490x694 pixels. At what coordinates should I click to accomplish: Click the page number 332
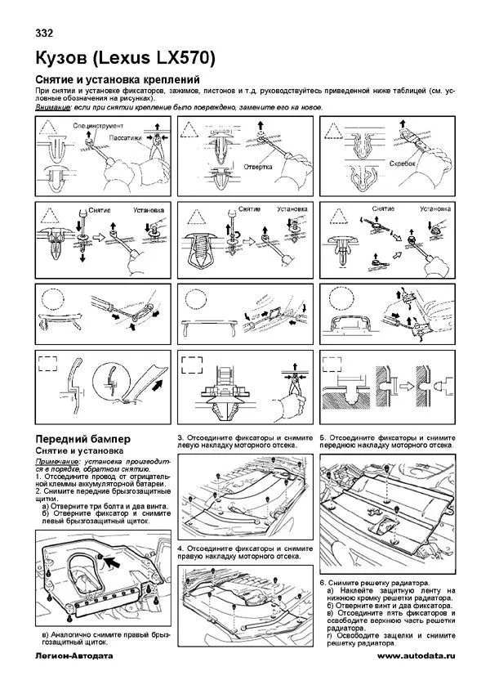[47, 34]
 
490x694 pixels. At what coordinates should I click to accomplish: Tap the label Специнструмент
[99, 127]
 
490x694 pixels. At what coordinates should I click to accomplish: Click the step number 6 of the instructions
[323, 580]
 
